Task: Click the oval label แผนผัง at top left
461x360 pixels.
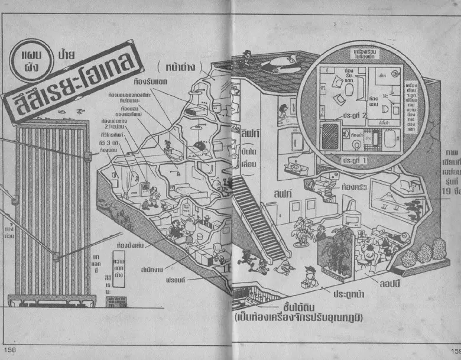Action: coord(28,60)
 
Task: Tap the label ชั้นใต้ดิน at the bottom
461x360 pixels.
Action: coord(297,309)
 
